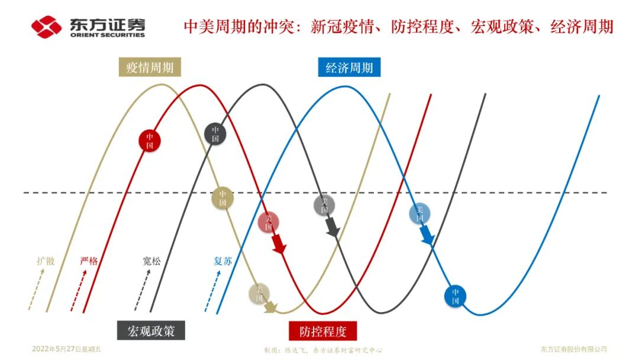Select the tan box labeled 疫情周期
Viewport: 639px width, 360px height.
pos(150,67)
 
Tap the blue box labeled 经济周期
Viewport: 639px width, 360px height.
pos(349,67)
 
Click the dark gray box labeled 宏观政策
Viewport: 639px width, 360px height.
pos(151,330)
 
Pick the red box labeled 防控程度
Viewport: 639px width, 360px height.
pos(323,331)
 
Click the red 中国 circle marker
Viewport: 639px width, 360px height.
pos(150,140)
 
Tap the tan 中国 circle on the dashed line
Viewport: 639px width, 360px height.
pos(222,198)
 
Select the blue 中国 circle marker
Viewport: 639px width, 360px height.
pos(455,296)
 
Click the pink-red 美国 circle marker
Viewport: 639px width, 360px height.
pos(268,222)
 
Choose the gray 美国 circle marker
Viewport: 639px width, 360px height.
pos(324,205)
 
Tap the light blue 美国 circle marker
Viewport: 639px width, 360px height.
pos(419,213)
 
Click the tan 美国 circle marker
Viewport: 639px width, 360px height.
pos(259,294)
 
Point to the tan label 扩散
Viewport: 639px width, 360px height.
pos(46,261)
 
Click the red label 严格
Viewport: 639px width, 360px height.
pos(88,261)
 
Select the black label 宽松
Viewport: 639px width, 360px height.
pos(151,261)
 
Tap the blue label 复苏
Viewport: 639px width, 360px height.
pos(222,261)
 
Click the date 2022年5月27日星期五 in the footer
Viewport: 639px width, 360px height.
pos(67,349)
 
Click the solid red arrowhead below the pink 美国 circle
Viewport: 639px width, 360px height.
pos(279,245)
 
